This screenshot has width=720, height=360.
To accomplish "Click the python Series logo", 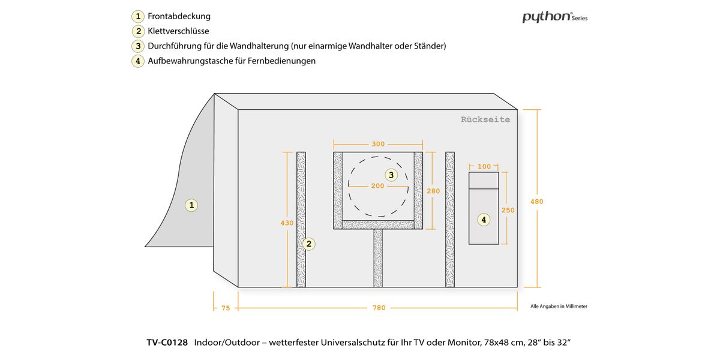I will (554, 17).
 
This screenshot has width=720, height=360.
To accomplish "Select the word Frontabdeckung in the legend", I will (179, 16).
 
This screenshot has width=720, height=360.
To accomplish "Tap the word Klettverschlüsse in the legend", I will (178, 31).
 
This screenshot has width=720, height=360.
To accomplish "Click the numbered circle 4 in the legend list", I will (138, 61).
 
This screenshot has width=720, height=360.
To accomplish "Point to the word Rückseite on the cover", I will (485, 119).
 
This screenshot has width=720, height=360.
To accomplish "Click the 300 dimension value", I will (378, 144).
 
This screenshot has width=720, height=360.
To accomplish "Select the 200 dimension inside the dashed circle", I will (377, 186).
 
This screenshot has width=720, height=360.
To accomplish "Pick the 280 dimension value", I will (433, 191).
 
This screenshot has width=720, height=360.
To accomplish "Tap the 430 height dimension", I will (287, 223).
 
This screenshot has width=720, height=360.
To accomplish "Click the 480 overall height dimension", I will (536, 202).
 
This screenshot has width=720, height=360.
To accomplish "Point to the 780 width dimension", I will (379, 308).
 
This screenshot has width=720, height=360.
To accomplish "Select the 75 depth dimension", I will (226, 308).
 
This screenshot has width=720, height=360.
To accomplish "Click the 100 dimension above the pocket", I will (484, 166).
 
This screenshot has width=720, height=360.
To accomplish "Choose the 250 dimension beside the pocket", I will (508, 210).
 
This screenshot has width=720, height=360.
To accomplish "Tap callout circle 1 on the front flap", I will (192, 205).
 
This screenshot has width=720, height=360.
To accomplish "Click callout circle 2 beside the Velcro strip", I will (308, 244).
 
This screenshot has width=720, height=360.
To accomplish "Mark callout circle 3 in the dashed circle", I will (391, 175).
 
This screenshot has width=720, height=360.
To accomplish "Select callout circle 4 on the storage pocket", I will (484, 220).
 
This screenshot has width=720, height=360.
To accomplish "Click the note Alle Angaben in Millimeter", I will (559, 306).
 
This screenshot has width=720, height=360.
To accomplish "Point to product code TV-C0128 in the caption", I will (167, 343).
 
